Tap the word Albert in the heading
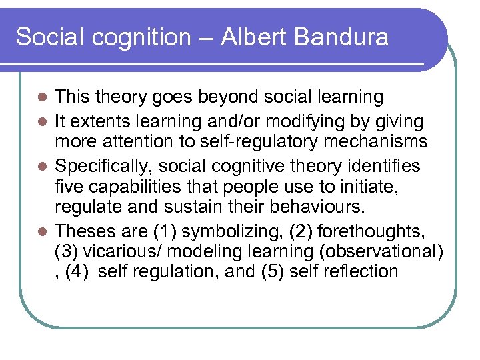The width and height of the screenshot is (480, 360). tap(255, 37)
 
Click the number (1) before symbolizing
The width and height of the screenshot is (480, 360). tap(165, 232)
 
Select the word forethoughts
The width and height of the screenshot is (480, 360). tap(373, 232)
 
